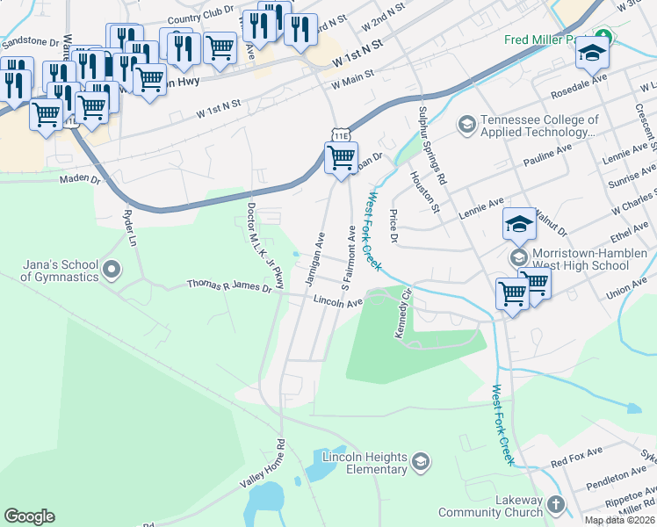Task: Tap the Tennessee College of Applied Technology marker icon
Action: (x=466, y=126)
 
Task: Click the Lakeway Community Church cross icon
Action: (x=554, y=504)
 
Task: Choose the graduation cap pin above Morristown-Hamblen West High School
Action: (x=519, y=224)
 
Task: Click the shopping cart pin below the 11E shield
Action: (x=341, y=159)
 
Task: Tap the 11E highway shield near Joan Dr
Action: (x=341, y=133)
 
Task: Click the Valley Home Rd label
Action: (x=264, y=466)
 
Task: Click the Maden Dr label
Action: (x=81, y=179)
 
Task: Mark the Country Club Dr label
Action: (x=199, y=18)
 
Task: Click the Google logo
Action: (x=30, y=516)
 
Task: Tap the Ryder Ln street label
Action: (x=131, y=227)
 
